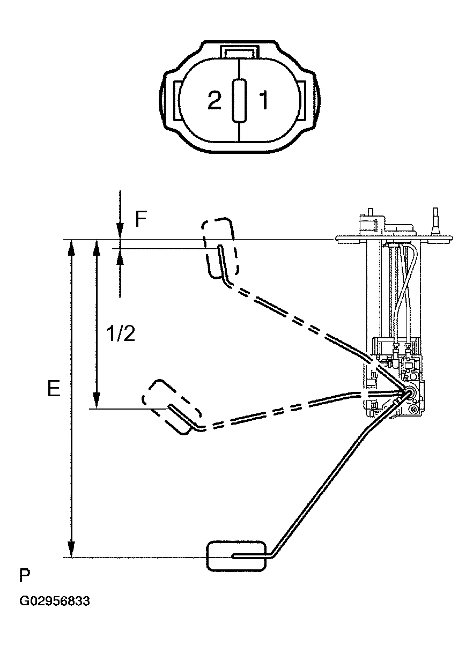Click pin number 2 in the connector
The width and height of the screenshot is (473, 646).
(215, 101)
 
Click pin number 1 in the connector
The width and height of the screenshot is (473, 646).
(263, 101)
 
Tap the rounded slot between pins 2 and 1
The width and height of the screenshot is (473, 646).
(239, 100)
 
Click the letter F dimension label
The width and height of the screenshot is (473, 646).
(141, 219)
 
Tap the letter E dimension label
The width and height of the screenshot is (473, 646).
(53, 389)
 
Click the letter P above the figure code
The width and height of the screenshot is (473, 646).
(25, 576)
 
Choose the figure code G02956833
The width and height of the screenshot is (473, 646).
(55, 602)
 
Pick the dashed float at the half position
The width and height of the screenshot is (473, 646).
(172, 406)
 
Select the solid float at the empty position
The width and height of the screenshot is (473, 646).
(236, 555)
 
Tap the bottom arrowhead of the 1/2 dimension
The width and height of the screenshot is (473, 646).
(97, 401)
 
